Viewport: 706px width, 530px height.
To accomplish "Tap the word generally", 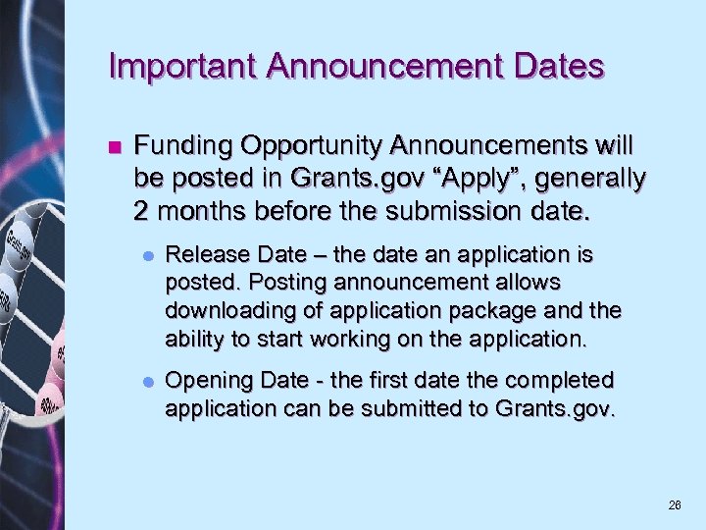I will coord(587,179).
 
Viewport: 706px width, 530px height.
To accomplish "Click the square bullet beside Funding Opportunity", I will coord(114,148).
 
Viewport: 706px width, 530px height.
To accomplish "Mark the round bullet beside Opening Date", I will coord(146,381).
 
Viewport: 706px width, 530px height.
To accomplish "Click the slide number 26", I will coord(675,505).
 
